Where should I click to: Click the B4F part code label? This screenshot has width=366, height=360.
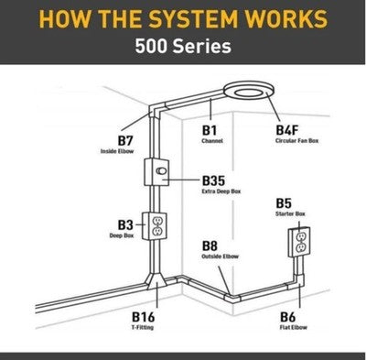pyautogui.click(x=287, y=130)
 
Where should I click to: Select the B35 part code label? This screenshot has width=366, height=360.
pyautogui.click(x=213, y=180)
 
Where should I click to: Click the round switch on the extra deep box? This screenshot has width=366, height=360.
pyautogui.click(x=162, y=171)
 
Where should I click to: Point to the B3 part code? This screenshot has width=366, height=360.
pyautogui.click(x=125, y=225)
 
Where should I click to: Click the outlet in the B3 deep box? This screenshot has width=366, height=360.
pyautogui.click(x=157, y=226)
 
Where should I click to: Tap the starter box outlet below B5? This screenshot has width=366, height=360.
pyautogui.click(x=301, y=242)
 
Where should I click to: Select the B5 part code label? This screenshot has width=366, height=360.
pyautogui.click(x=284, y=203)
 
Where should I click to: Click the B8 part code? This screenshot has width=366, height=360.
pyautogui.click(x=210, y=245)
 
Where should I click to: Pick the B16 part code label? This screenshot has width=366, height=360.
pyautogui.click(x=143, y=317)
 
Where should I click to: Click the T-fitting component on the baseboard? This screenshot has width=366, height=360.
pyautogui.click(x=156, y=281)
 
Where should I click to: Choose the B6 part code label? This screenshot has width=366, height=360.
pyautogui.click(x=287, y=317)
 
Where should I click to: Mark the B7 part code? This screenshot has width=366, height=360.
pyautogui.click(x=125, y=141)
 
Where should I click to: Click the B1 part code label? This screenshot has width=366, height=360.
pyautogui.click(x=210, y=130)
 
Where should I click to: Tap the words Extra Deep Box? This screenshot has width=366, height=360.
pyautogui.click(x=221, y=191)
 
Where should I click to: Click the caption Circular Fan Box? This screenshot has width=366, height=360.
pyautogui.click(x=296, y=141)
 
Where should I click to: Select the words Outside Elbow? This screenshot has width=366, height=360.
pyautogui.click(x=220, y=256)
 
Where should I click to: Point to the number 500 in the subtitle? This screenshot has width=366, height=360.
pyautogui.click(x=152, y=47)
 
